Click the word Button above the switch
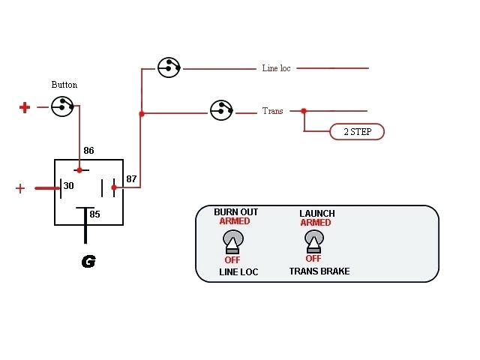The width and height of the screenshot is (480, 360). click(x=64, y=85)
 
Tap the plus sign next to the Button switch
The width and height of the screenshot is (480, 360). click(x=25, y=107)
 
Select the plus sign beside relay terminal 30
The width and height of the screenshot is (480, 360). click(x=20, y=188)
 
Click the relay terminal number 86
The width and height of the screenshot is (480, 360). click(x=88, y=151)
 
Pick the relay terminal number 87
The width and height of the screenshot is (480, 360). click(x=131, y=178)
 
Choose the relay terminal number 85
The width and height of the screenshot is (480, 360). click(x=94, y=214)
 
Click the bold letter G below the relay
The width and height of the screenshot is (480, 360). click(x=88, y=262)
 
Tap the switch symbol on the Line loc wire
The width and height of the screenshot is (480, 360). click(x=169, y=67)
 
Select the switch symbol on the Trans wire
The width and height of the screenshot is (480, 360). click(x=221, y=110)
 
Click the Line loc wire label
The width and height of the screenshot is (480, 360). click(x=276, y=68)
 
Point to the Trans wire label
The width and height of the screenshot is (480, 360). click(x=272, y=111)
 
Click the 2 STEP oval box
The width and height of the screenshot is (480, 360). click(x=357, y=132)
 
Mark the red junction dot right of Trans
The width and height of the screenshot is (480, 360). click(x=304, y=111)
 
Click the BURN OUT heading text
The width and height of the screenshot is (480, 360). click(x=235, y=212)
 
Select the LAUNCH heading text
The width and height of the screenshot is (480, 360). click(x=316, y=213)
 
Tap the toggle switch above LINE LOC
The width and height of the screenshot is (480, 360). click(x=232, y=241)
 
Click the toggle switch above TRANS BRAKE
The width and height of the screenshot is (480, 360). click(x=314, y=241)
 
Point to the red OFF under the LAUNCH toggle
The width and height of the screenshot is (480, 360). click(x=313, y=258)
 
